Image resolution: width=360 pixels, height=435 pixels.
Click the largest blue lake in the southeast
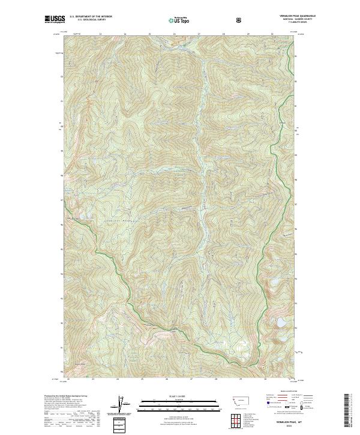279,324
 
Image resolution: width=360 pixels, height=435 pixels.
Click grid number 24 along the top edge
125,34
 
